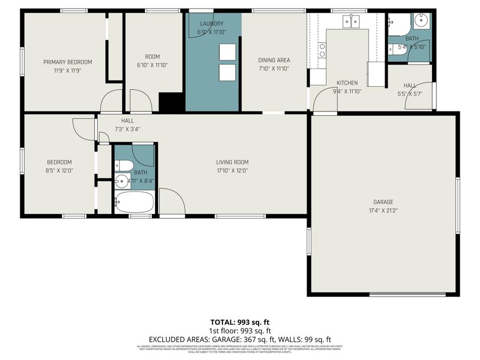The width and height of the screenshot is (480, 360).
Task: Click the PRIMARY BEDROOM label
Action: click(67, 62)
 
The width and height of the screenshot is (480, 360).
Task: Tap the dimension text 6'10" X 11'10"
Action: click(152, 65)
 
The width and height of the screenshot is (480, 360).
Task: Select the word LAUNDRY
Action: click(211, 23)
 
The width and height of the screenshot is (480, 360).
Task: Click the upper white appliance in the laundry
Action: click(227, 52)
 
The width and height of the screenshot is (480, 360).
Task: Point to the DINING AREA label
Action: click(274, 60)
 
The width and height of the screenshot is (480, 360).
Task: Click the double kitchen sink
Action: click(351, 22)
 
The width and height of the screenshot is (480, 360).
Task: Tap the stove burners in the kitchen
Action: click(322, 51)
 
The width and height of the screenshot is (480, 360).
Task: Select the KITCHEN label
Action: click(347, 83)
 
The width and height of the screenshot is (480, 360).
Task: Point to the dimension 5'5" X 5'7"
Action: click(410, 94)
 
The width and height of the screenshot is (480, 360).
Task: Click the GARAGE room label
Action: click(383, 202)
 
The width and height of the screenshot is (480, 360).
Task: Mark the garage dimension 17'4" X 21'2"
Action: click(383, 210)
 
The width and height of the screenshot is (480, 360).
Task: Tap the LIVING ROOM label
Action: click(232, 162)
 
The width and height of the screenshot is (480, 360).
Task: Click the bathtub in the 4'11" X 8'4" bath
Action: click(134, 203)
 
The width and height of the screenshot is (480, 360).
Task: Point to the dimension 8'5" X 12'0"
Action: click(59, 171)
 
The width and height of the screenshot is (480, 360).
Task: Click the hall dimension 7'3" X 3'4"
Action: click(127, 129)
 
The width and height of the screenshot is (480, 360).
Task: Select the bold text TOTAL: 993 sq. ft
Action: click(239, 322)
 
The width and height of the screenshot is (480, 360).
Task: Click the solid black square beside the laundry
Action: click(172, 102)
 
